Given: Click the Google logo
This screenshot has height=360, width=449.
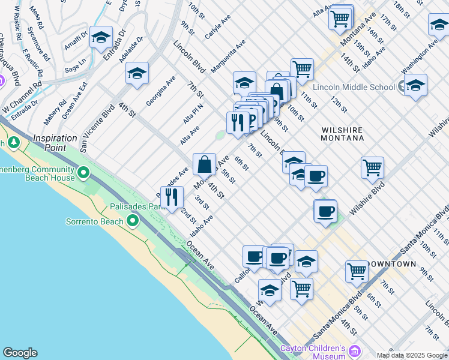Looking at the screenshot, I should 20,353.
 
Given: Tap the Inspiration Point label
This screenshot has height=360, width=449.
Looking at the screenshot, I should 55,142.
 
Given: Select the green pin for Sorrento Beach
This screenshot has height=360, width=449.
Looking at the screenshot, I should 131,221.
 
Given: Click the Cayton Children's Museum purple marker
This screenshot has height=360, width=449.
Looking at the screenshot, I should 355,350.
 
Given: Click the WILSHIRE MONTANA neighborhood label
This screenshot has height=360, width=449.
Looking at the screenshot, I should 343,133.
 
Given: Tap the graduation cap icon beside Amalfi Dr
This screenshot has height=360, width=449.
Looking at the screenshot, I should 101,37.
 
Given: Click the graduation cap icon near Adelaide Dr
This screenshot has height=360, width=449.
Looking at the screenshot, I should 137,74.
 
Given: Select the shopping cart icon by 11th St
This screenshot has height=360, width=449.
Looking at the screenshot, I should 302,69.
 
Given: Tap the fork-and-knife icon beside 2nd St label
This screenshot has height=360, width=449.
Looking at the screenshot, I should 172,197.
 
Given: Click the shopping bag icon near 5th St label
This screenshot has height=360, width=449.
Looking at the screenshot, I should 204,164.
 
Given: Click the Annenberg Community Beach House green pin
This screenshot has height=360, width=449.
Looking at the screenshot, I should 83,174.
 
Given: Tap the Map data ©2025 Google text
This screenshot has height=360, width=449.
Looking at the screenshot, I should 411,355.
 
